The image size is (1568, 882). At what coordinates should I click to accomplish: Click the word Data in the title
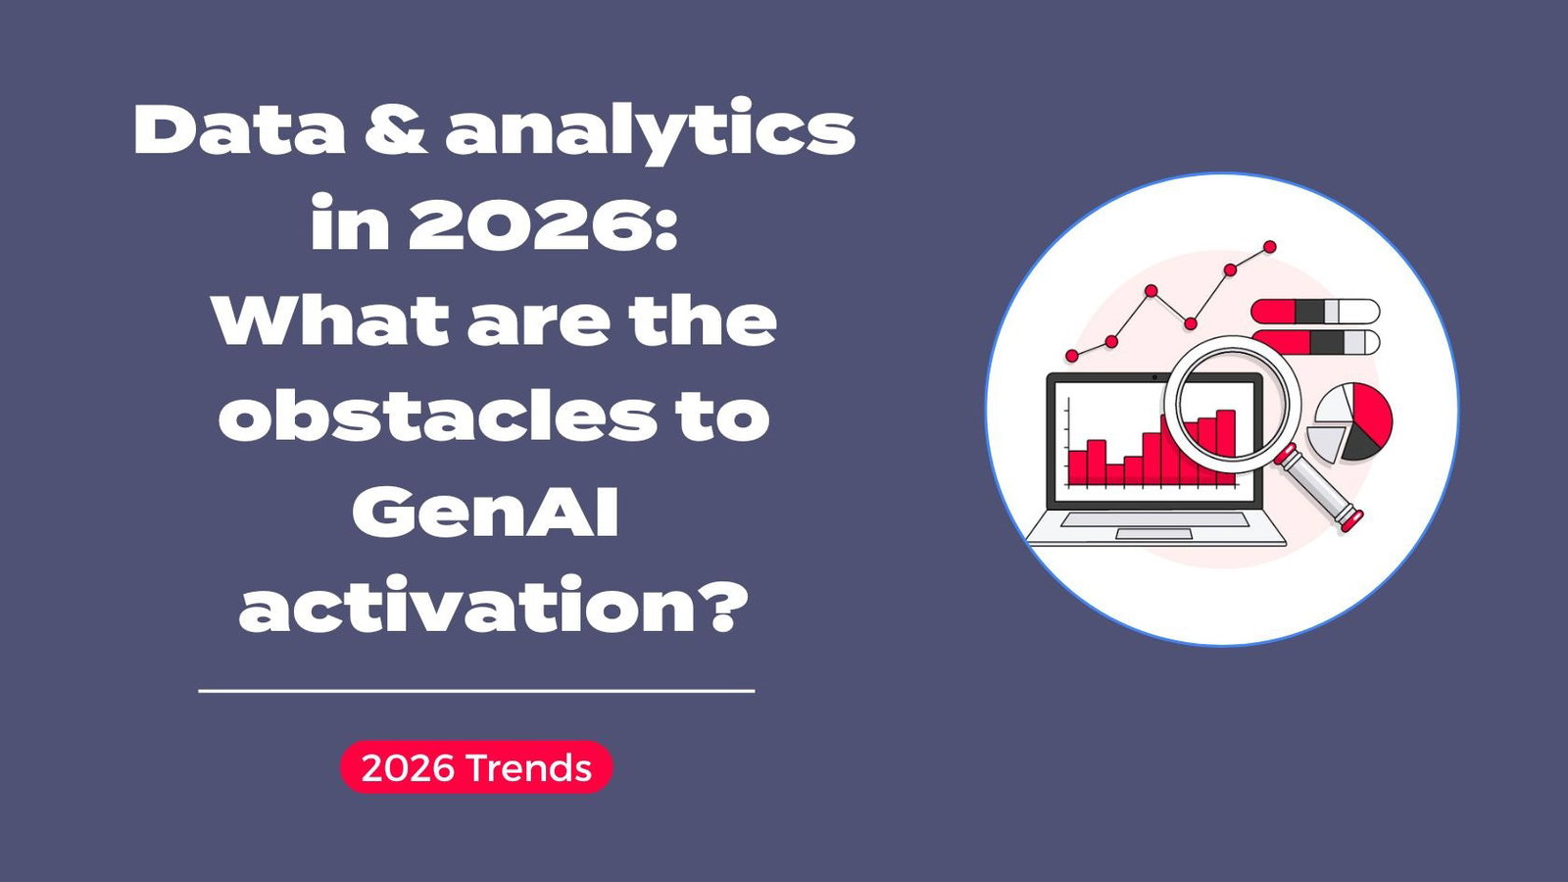click(239, 130)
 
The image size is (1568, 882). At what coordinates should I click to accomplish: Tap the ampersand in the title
click(396, 130)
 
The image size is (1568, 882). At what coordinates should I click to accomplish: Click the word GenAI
click(486, 512)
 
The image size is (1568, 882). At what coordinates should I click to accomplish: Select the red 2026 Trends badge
click(476, 767)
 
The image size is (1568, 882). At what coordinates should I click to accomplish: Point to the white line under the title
click(476, 691)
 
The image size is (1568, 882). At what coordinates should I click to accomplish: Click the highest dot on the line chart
click(1269, 247)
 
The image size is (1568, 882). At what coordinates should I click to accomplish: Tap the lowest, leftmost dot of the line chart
click(1072, 356)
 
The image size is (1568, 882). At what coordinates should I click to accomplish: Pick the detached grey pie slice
click(1326, 442)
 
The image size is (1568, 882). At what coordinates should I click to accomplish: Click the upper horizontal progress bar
click(1314, 312)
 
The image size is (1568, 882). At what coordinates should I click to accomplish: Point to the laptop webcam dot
click(1154, 377)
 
